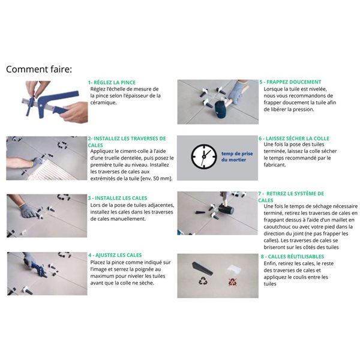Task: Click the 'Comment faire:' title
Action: [38, 69]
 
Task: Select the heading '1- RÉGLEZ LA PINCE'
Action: [112, 82]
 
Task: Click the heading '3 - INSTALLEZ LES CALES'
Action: [118, 198]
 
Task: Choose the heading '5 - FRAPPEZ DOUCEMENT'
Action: [290, 82]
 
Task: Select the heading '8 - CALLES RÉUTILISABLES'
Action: [295, 256]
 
